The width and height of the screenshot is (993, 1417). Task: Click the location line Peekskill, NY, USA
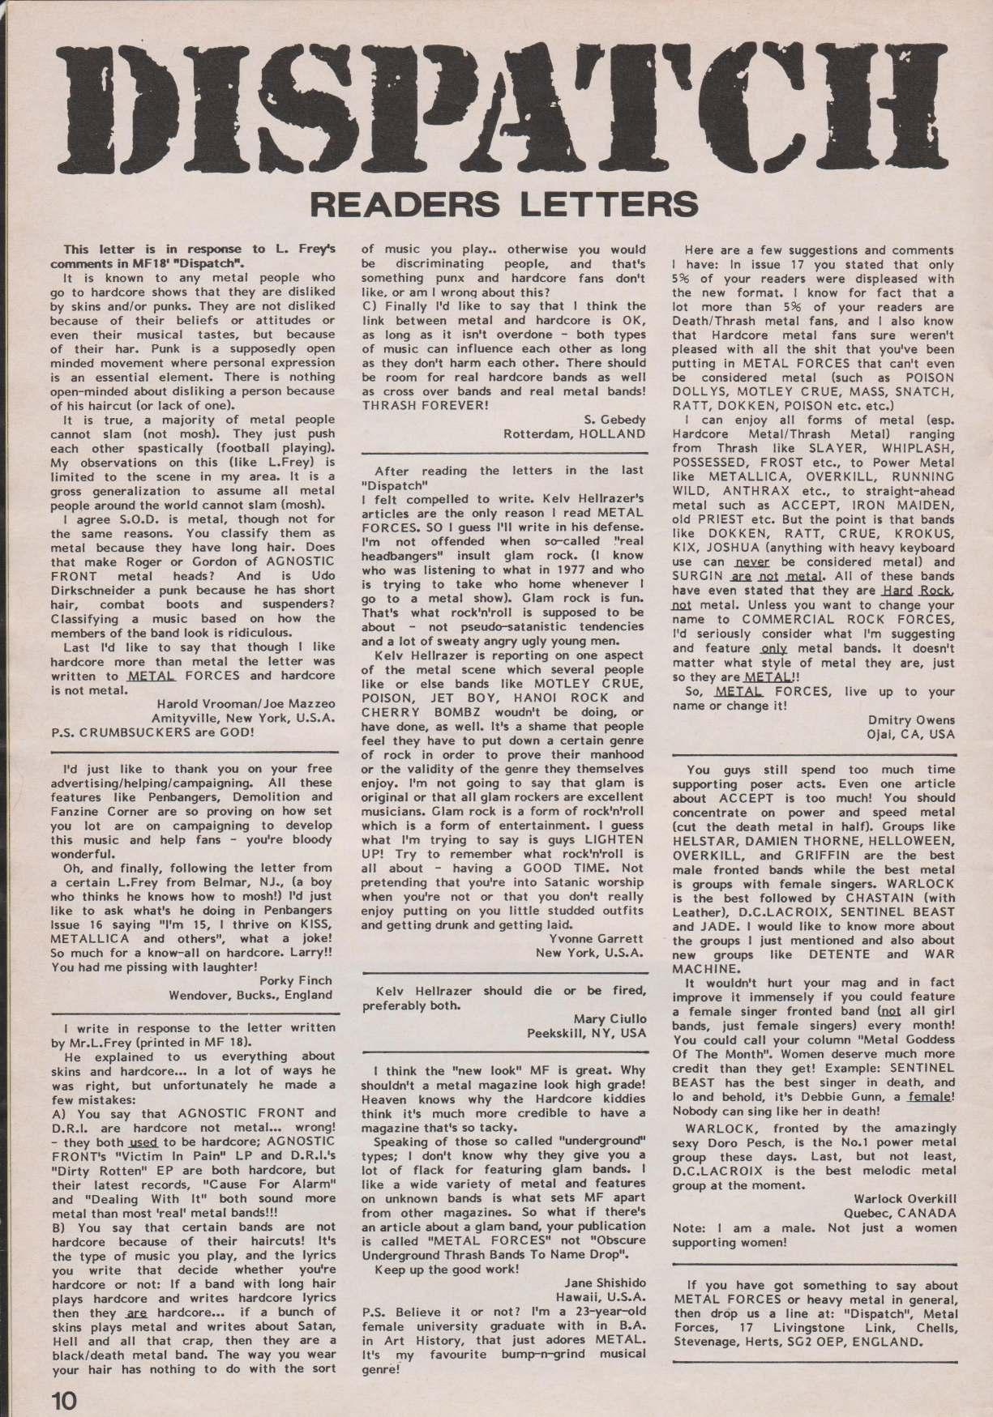click(x=587, y=1033)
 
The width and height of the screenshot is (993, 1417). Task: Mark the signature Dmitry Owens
click(x=911, y=719)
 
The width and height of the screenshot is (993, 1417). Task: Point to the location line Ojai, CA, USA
click(x=910, y=734)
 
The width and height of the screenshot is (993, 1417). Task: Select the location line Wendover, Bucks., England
click(x=250, y=995)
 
